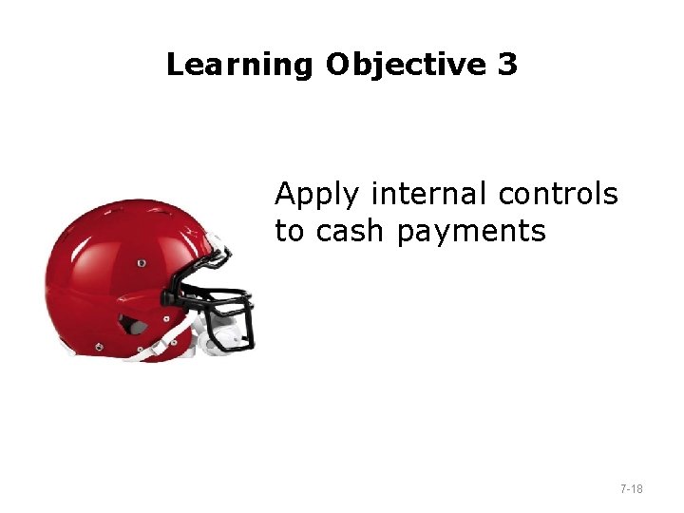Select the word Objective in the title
point(406,65)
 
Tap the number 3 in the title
point(507,65)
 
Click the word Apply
point(317,196)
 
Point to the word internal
point(428,194)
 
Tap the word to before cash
point(291,231)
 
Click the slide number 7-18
point(631,489)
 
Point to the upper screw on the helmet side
point(142,262)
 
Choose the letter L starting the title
point(175,65)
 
